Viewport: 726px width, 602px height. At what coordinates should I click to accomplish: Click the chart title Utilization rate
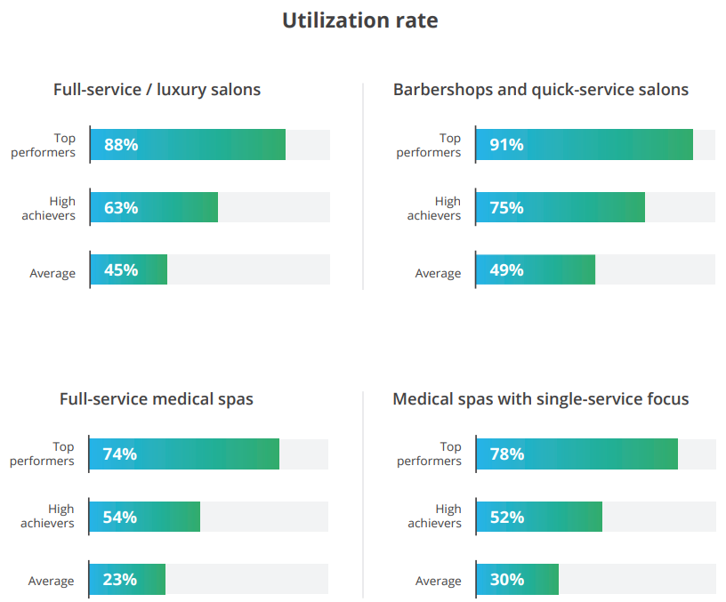click(x=359, y=20)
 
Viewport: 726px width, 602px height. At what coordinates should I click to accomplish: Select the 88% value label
click(x=121, y=145)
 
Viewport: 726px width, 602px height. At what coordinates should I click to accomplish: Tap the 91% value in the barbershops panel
click(x=506, y=145)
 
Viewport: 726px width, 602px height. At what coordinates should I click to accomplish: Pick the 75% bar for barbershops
click(x=561, y=208)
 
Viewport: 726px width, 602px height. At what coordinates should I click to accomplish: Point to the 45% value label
click(x=121, y=270)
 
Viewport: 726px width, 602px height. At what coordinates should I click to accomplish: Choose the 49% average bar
click(x=536, y=270)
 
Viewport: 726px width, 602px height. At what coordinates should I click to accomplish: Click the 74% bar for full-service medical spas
click(x=184, y=454)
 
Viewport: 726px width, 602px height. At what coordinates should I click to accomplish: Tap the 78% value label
click(x=506, y=454)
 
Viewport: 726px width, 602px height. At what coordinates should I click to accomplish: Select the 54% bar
click(x=145, y=517)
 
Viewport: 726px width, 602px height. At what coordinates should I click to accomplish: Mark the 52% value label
click(x=506, y=517)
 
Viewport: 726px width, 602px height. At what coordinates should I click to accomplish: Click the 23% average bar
click(x=127, y=580)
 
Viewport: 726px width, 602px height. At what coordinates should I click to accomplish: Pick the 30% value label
click(x=506, y=580)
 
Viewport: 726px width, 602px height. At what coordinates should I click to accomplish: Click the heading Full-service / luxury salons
click(x=157, y=90)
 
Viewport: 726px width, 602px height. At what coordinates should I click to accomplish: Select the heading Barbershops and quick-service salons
click(x=541, y=90)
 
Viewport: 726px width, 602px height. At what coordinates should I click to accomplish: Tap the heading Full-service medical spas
click(x=157, y=399)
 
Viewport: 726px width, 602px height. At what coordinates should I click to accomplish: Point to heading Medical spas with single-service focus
click(x=541, y=399)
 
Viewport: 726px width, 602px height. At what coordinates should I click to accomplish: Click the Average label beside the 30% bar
click(x=438, y=581)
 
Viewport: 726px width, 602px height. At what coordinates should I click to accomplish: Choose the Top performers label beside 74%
click(x=43, y=454)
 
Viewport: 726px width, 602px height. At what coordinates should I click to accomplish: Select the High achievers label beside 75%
click(x=434, y=208)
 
